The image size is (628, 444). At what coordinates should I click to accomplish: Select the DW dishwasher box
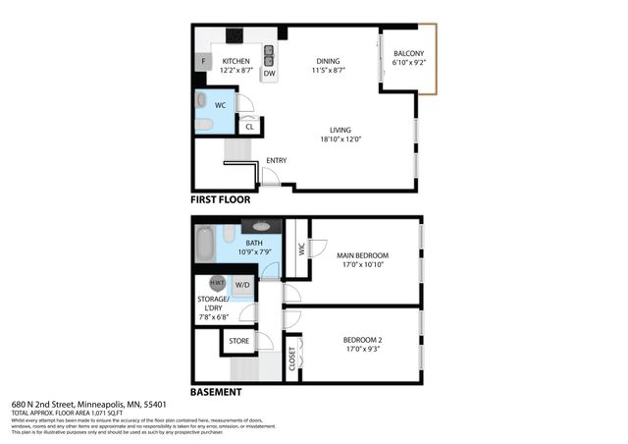[x=269, y=73]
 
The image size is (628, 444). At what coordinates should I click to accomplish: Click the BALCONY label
[x=408, y=54]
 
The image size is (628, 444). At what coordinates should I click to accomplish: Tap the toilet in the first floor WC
[x=203, y=125]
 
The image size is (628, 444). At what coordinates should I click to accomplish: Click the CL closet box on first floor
[x=249, y=126]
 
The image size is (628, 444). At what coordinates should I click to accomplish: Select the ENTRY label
[x=277, y=161]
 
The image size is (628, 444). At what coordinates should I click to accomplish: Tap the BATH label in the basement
[x=254, y=243]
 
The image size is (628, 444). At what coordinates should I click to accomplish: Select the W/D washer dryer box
[x=241, y=284]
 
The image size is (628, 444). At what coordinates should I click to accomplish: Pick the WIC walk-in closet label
[x=302, y=250]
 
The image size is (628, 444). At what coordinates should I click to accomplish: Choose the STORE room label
[x=238, y=341]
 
